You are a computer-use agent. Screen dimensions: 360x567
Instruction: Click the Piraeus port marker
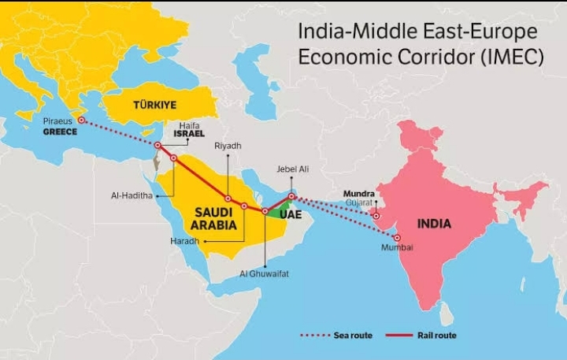[81, 121]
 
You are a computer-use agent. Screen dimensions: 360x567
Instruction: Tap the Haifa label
[189, 124]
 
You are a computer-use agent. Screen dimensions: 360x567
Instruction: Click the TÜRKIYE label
[154, 104]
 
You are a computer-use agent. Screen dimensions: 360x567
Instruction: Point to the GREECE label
[60, 132]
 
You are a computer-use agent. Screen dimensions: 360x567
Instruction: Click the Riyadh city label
[228, 146]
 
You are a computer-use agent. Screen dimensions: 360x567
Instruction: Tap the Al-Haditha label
[132, 195]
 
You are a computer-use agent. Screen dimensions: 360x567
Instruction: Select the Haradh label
[184, 241]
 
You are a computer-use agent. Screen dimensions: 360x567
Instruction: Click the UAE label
[291, 213]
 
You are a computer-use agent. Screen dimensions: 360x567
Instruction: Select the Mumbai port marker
[398, 238]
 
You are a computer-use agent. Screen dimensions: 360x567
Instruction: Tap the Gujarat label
[358, 202]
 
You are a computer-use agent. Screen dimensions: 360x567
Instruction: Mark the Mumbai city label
[397, 248]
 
